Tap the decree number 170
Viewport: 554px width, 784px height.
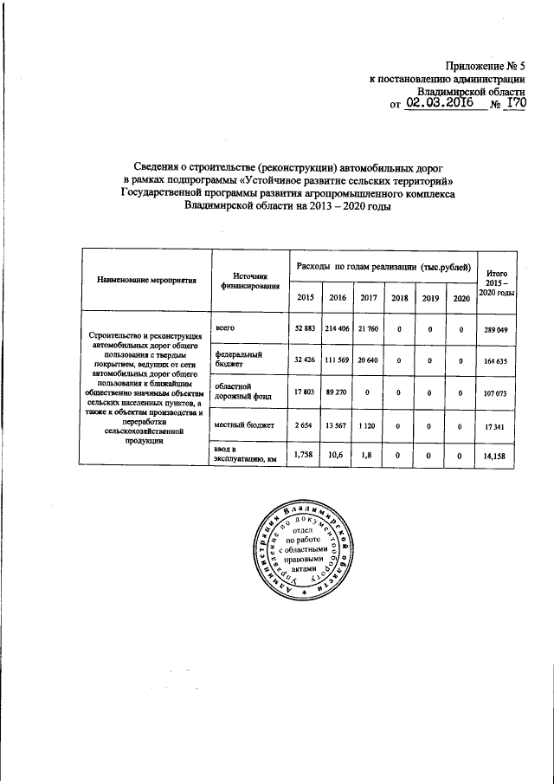516,103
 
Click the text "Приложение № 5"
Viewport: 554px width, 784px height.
486,64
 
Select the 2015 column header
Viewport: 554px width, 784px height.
304,298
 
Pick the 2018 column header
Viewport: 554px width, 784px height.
399,298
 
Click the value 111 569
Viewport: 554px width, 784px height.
337,360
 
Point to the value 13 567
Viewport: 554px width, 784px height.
337,425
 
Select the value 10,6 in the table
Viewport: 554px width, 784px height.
337,455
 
